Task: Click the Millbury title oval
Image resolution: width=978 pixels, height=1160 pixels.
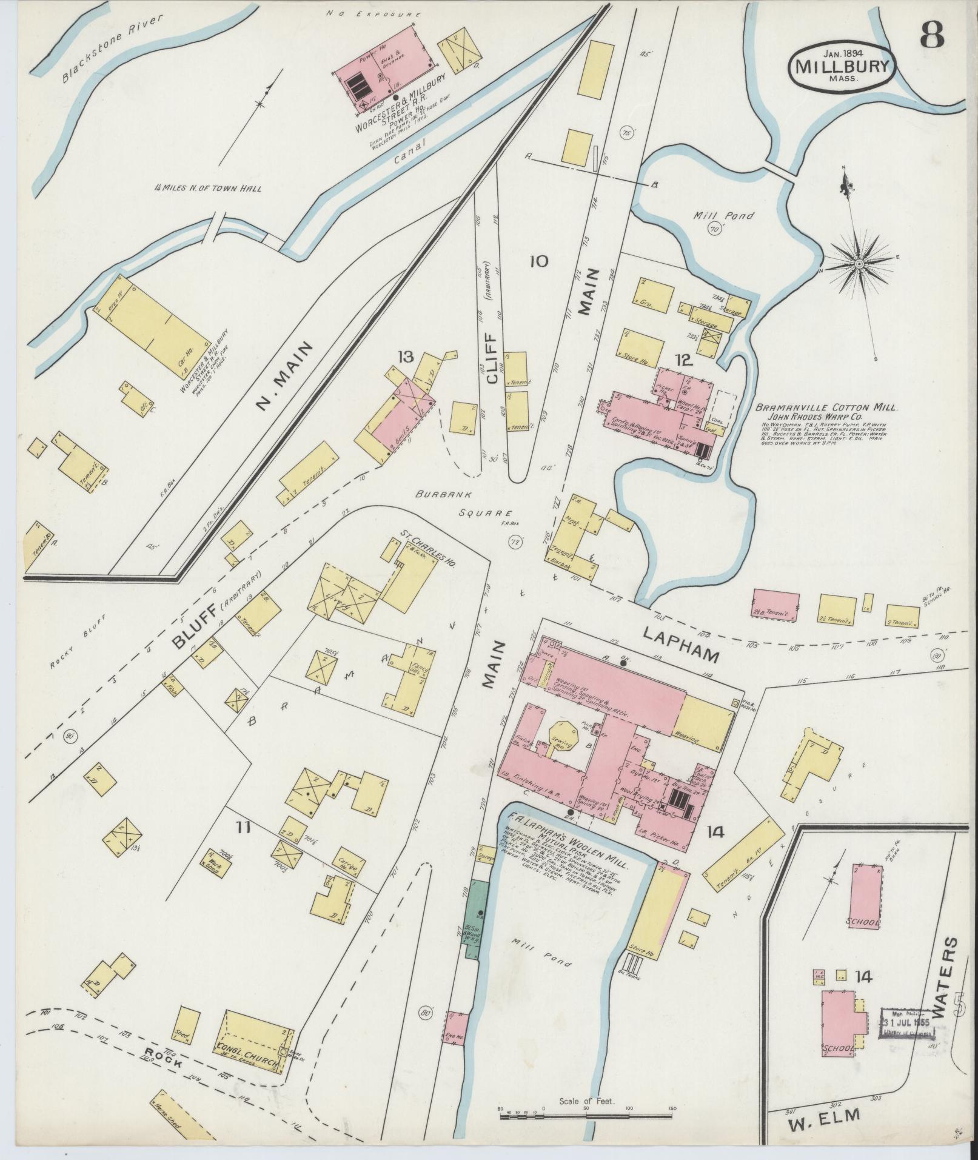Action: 842,66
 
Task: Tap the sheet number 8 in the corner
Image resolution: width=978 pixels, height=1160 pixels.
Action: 932,36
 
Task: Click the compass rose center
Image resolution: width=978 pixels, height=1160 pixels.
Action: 859,264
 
